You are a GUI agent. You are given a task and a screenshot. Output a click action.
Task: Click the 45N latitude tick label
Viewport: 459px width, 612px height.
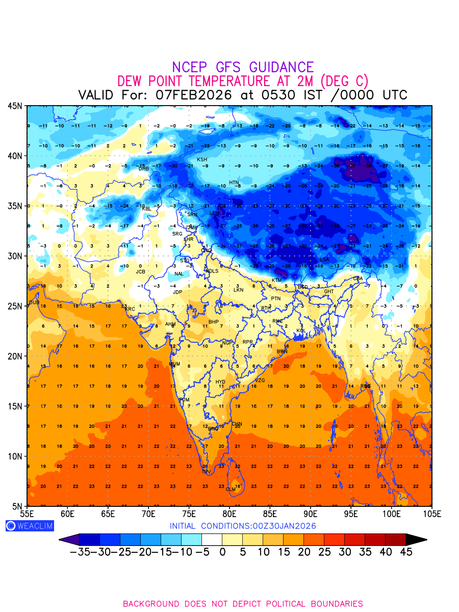[x=15, y=106]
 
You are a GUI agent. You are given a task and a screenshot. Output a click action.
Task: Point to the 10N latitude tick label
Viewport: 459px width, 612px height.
[x=15, y=456]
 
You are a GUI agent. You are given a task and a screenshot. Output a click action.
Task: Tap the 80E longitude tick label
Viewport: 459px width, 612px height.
[x=229, y=513]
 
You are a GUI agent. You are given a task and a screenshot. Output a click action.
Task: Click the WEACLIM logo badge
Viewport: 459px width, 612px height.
[x=30, y=526]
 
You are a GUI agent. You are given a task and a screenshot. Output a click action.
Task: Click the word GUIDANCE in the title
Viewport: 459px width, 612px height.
[x=281, y=67]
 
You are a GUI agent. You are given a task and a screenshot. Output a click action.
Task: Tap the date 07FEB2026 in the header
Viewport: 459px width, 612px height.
[x=194, y=95]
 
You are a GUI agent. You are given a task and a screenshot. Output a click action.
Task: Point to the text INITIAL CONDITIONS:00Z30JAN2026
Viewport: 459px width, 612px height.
[x=243, y=526]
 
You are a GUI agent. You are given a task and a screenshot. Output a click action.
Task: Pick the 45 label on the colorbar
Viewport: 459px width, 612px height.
[x=405, y=552]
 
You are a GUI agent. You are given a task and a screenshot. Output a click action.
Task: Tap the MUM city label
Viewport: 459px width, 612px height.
[x=174, y=364]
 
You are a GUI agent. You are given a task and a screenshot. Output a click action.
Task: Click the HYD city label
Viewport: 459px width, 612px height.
[x=220, y=382]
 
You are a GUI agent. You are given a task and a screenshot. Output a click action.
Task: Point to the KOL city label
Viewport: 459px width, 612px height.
[x=301, y=331]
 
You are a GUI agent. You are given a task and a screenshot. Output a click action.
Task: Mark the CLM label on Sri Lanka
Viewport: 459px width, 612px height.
[x=231, y=489]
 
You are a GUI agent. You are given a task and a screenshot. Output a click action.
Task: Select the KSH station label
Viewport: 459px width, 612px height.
[x=202, y=160]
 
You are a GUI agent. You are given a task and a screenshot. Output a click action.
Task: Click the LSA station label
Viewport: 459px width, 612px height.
[x=324, y=260]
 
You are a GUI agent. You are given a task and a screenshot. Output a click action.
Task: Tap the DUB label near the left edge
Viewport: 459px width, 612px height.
[x=34, y=302]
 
